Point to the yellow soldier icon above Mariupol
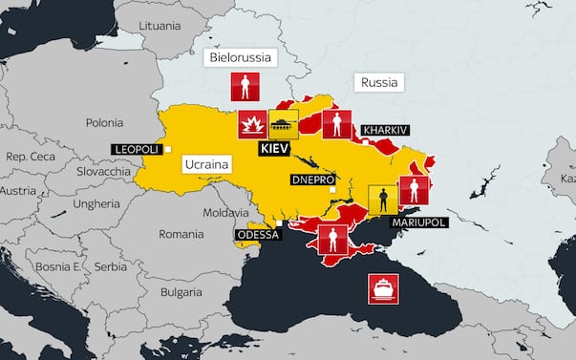pos(383,200)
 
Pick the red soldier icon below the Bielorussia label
pos(245,89)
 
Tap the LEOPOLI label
pos(137,149)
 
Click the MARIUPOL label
pos(417,221)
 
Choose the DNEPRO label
pos(312,180)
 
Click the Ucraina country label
pos(207,164)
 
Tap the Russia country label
pos(378,82)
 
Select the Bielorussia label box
pos(240,58)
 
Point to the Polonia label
pos(105,122)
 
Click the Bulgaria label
pos(181,291)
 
